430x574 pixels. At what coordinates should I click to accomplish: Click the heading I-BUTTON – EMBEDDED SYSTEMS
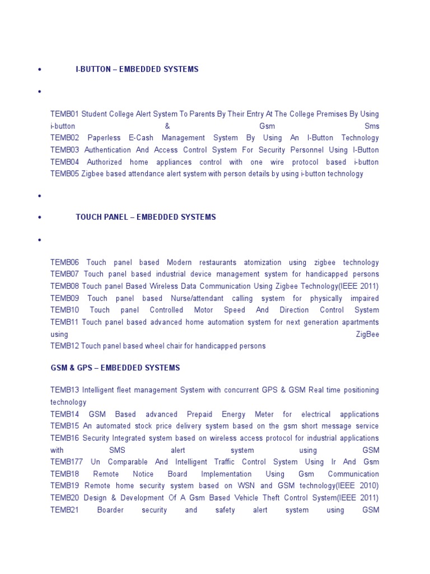tap(137, 70)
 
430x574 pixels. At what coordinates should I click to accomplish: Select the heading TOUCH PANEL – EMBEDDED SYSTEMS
tap(146, 217)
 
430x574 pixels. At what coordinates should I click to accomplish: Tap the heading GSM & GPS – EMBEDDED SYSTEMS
tap(115, 368)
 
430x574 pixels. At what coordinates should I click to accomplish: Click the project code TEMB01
tap(64, 114)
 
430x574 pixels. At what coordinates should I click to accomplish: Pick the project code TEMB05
tap(64, 174)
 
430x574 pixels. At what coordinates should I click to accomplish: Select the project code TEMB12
tap(64, 346)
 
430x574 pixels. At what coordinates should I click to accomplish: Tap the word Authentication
tap(110, 150)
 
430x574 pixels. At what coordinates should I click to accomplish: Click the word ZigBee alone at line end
tap(367, 334)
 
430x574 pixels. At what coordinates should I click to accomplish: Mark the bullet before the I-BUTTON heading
tap(40, 70)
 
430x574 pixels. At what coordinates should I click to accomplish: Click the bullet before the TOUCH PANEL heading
tap(40, 217)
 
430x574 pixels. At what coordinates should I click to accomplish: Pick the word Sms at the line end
tap(371, 126)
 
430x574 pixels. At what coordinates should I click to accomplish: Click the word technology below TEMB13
tap(68, 402)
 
